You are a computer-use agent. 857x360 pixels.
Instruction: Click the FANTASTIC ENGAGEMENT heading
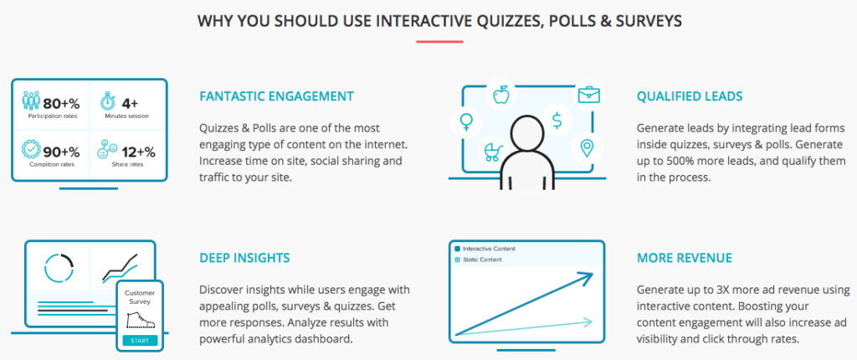(x=276, y=96)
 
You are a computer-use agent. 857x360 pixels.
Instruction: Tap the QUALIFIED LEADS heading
(x=689, y=96)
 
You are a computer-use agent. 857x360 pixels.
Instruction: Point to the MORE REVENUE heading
(x=683, y=258)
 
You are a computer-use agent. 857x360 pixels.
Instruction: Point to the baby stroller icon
(x=490, y=152)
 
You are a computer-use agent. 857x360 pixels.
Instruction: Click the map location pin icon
(x=587, y=150)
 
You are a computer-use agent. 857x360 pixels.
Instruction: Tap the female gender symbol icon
(x=465, y=122)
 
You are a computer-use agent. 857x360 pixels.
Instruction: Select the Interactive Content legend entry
(x=485, y=249)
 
